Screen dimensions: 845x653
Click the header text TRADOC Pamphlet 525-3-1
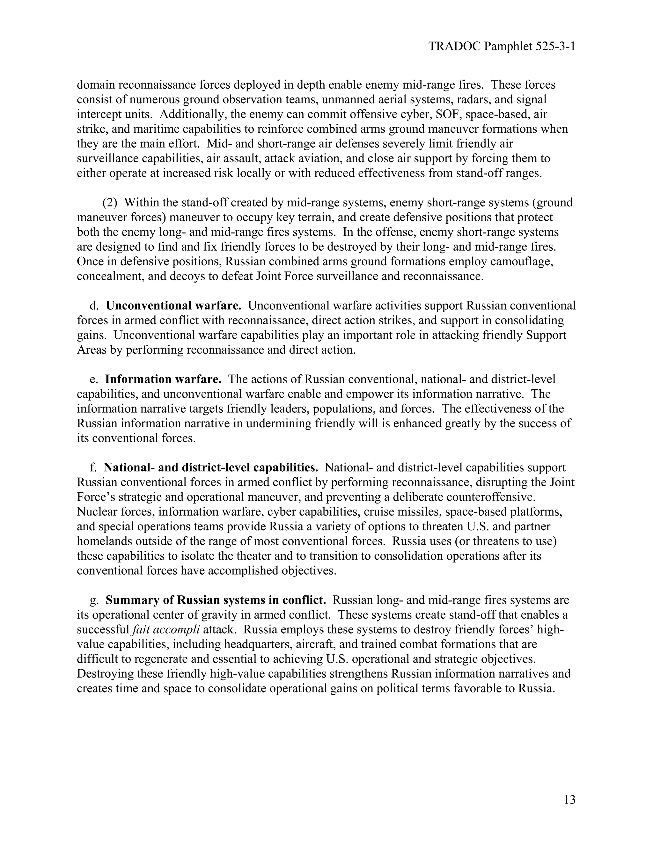pos(502,47)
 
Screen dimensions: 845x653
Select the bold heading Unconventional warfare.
pos(174,306)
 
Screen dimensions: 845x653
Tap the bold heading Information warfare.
pos(163,379)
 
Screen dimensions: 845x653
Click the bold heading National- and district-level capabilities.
pos(211,468)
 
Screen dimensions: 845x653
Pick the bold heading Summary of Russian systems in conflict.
pos(216,600)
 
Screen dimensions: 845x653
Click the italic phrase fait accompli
pos(166,630)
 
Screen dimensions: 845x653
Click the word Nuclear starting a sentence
pos(97,512)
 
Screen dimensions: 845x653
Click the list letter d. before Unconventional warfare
pos(94,306)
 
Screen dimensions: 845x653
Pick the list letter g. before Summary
pos(94,600)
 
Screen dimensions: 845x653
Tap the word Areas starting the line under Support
pos(89,350)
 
